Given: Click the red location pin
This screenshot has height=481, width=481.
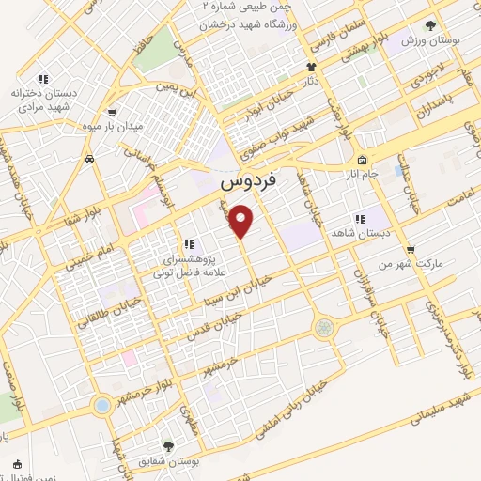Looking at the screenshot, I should coord(242,220).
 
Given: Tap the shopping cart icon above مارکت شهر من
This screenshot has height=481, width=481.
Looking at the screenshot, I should coord(410,249).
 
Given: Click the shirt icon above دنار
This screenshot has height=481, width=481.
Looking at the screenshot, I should coord(312,67).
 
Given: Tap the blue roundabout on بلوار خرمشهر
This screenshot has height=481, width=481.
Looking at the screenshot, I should coord(101,405).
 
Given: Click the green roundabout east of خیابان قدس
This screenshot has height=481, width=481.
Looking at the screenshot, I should coord(324,327).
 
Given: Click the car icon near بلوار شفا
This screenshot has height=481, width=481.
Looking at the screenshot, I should coord(89,160).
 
